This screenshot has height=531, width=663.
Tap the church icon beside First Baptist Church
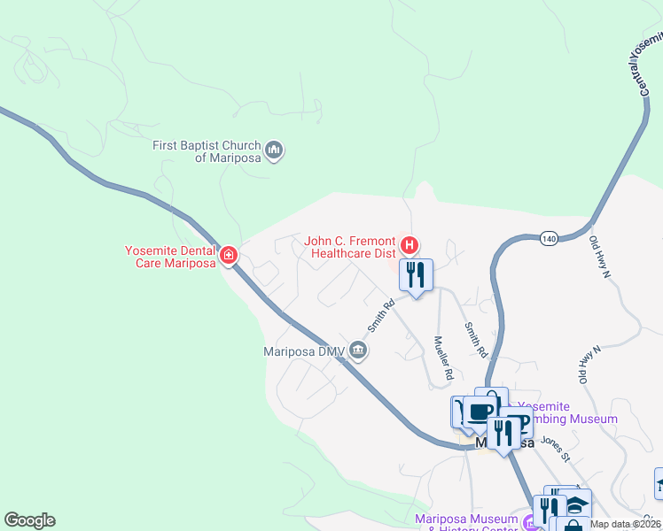275,150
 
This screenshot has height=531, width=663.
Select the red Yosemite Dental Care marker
229,257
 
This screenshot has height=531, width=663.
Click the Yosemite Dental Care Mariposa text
171,257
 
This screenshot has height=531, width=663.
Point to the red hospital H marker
409,244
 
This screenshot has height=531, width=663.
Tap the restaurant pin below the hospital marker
415,275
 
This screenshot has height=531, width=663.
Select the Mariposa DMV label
304,351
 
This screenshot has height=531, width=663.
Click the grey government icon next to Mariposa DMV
358,350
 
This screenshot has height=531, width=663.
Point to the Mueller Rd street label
443,358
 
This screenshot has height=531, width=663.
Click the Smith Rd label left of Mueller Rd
381,316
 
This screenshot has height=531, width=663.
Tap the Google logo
29,520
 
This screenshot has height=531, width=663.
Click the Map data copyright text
626,524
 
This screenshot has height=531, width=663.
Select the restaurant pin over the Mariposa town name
503,434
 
